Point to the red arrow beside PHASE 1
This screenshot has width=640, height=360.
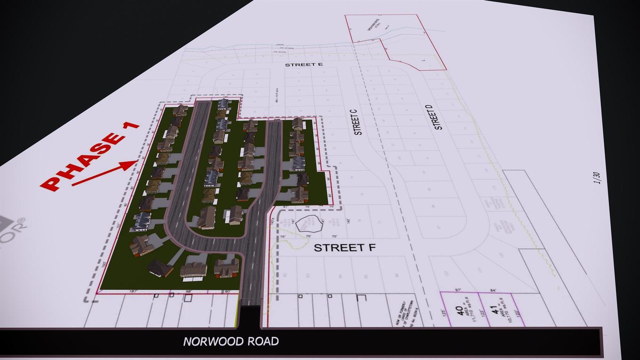tap(104, 173)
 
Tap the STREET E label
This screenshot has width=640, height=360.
tap(304, 64)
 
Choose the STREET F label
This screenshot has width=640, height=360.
tap(344, 248)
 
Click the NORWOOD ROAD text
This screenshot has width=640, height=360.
tap(231, 342)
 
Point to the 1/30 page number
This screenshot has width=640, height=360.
tap(598, 178)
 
